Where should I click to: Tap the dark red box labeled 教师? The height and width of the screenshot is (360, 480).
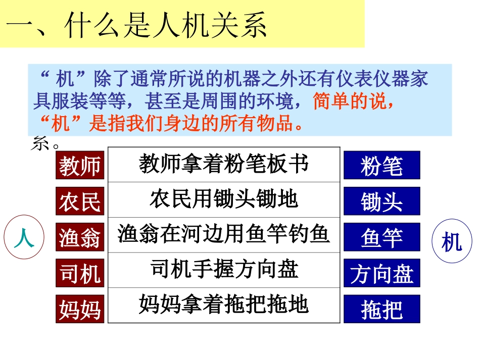[x=80, y=165]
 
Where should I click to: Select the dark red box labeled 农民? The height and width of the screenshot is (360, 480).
[x=80, y=201]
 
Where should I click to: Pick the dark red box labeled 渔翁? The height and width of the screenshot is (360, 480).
[x=80, y=237]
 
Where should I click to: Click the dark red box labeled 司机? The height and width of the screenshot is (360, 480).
[x=80, y=273]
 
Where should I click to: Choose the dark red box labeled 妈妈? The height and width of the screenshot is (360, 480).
[x=80, y=308]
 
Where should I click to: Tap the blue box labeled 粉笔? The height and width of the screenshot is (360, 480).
[x=381, y=165]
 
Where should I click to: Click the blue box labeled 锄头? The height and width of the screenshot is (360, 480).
[x=381, y=201]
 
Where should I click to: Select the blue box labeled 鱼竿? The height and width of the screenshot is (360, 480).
[x=381, y=237]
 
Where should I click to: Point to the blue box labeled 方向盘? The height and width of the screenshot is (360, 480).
[x=381, y=273]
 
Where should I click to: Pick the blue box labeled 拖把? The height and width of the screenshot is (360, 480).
[x=381, y=309]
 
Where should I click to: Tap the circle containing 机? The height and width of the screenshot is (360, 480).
[x=451, y=243]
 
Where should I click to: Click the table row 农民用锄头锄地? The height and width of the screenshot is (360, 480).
[x=224, y=199]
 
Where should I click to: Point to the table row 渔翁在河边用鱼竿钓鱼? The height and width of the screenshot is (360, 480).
[x=224, y=234]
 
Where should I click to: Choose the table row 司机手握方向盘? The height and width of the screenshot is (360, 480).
[x=224, y=270]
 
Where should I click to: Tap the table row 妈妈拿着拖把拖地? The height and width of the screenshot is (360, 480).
[x=224, y=305]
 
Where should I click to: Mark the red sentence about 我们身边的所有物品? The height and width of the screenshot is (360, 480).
[x=172, y=123]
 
